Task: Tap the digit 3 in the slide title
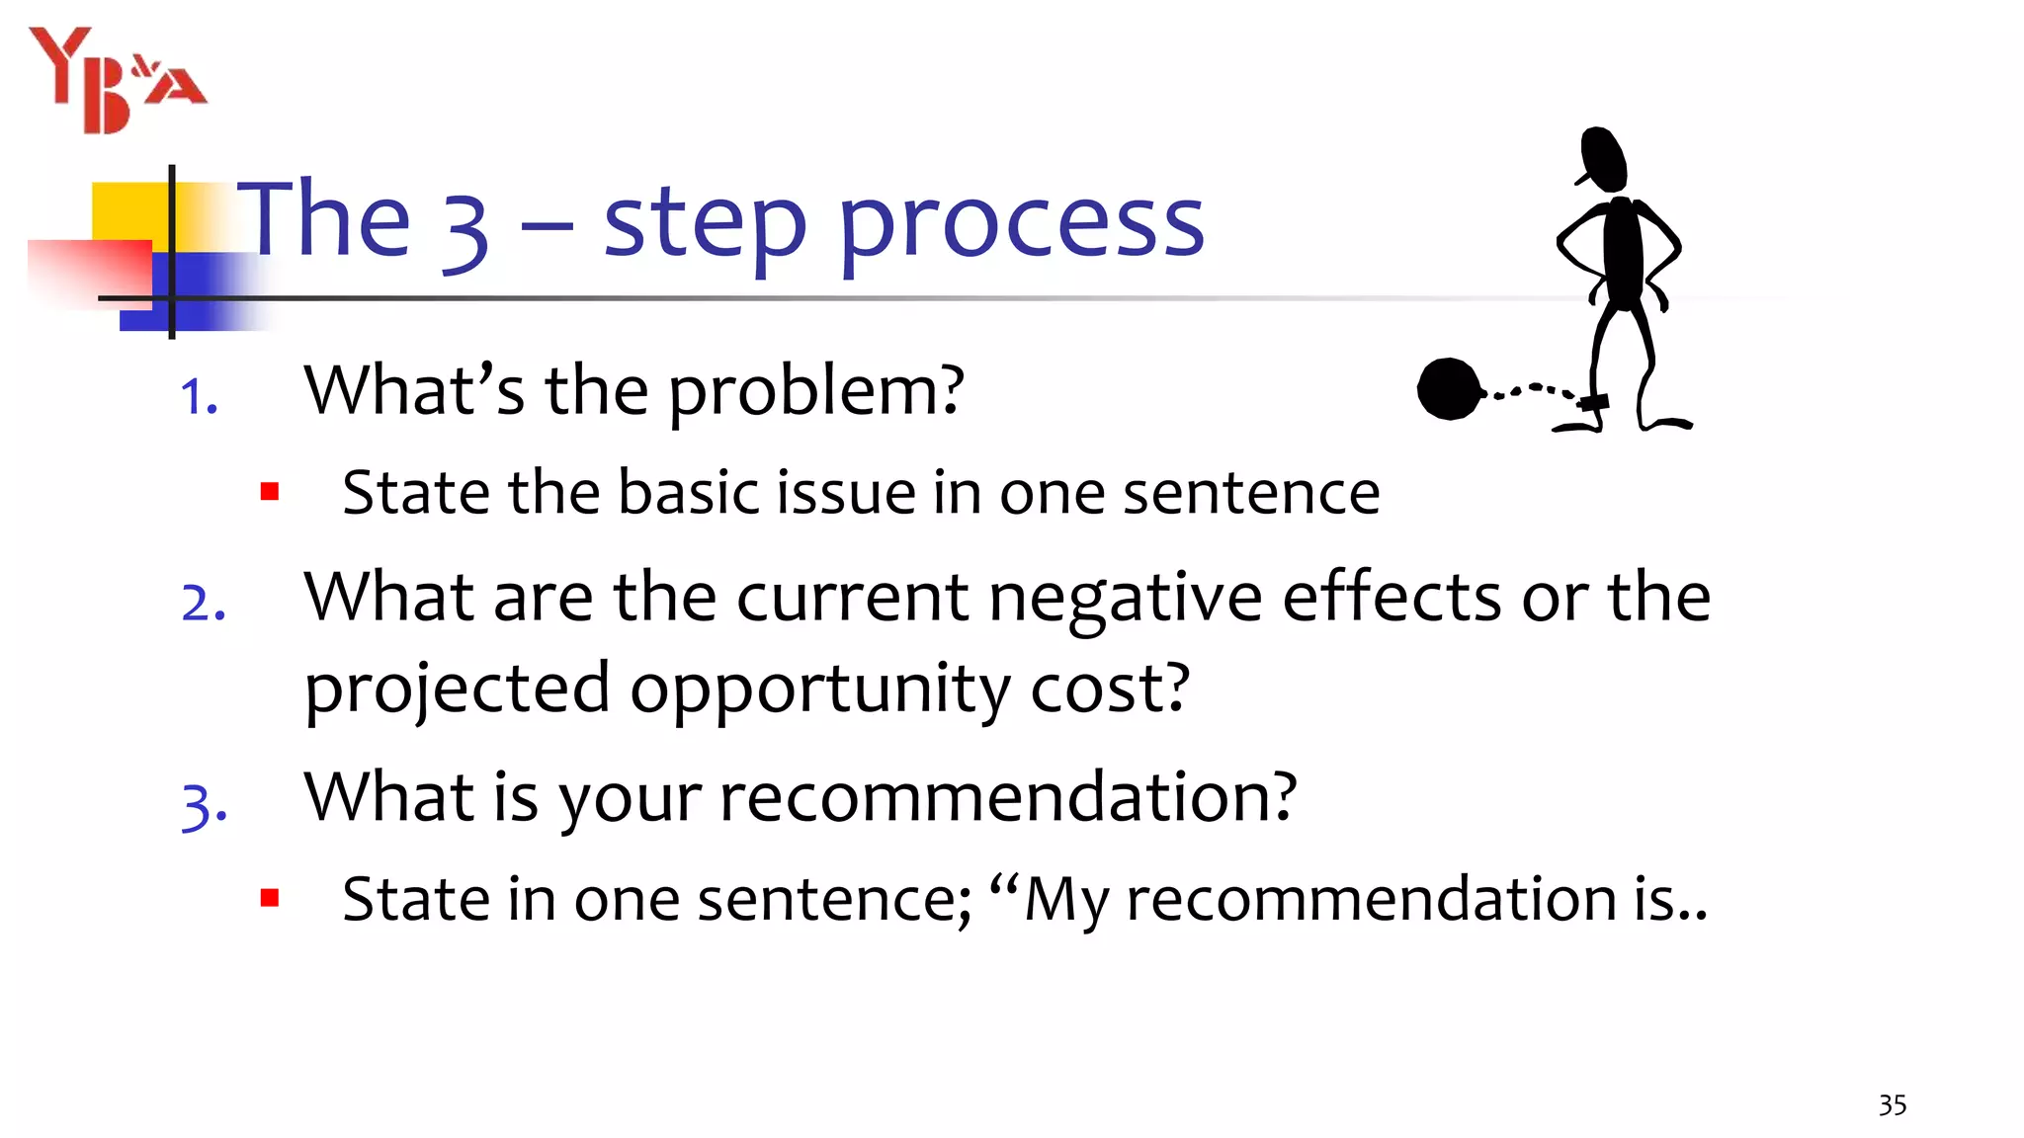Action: (465, 229)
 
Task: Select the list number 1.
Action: (198, 398)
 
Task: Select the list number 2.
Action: (204, 604)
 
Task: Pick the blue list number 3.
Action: (204, 805)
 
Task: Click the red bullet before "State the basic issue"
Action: (270, 491)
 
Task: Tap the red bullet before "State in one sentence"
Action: (270, 898)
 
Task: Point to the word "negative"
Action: (1125, 599)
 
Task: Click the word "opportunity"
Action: (820, 691)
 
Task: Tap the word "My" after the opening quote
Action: (1066, 901)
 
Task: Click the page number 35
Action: (1892, 1104)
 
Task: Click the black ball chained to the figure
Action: (1449, 389)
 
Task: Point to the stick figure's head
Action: (1603, 158)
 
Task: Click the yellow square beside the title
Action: (128, 211)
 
